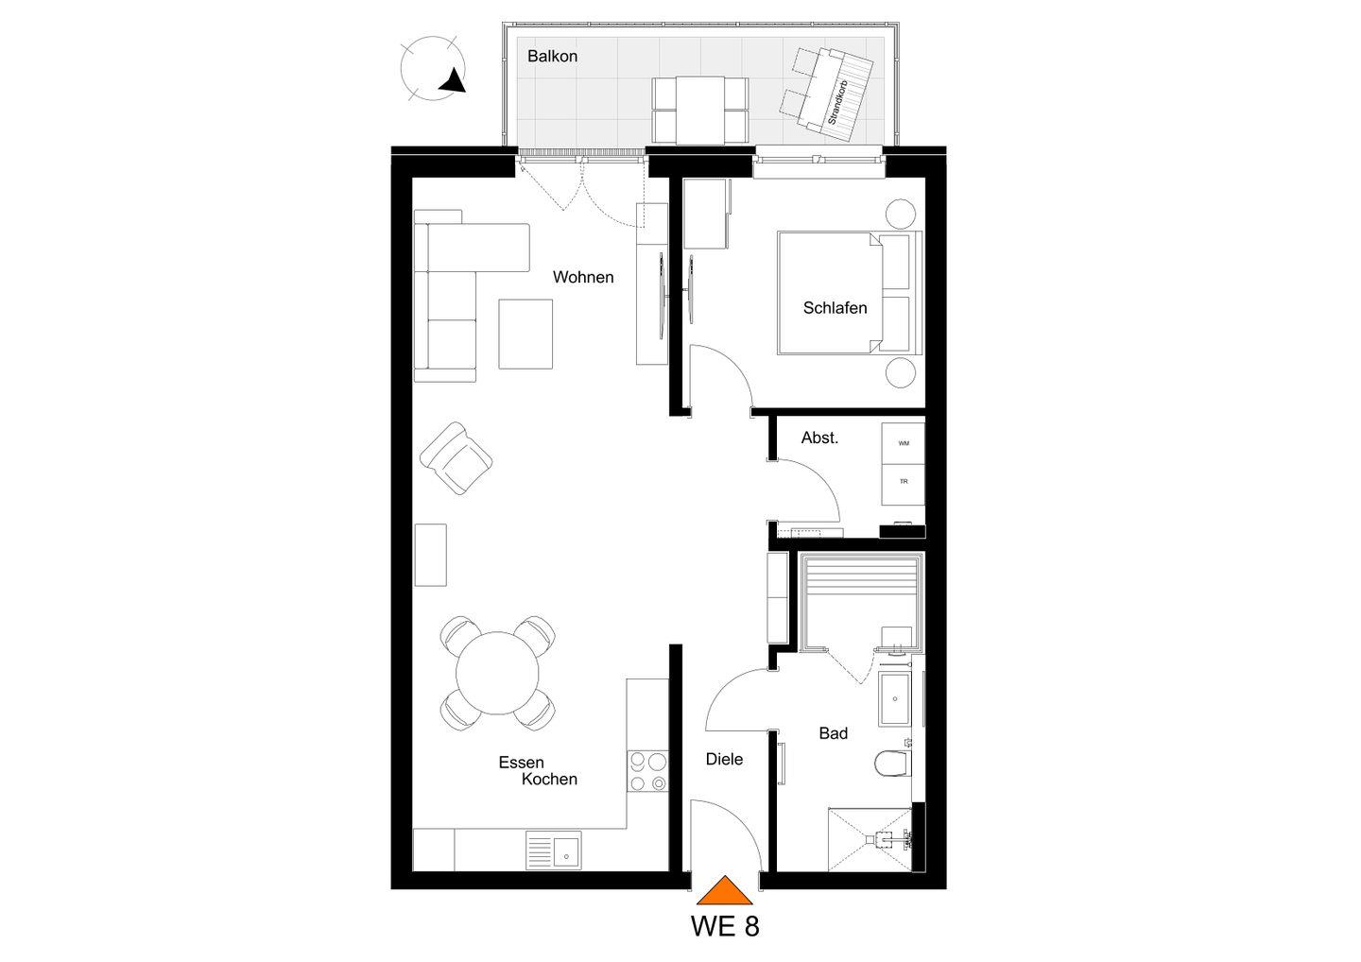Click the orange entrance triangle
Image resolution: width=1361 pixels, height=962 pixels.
pyautogui.click(x=724, y=890)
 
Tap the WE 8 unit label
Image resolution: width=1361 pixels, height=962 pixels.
pyautogui.click(x=725, y=927)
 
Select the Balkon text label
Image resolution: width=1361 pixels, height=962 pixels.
pyautogui.click(x=552, y=57)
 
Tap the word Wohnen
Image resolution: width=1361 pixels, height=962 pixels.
pyautogui.click(x=583, y=278)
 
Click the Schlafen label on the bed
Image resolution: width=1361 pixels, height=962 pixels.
pyautogui.click(x=835, y=308)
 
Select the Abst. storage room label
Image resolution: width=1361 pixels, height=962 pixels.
pyautogui.click(x=819, y=438)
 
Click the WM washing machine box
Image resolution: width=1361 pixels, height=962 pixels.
pyautogui.click(x=904, y=443)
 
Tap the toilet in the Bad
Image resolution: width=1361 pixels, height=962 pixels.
pyautogui.click(x=893, y=764)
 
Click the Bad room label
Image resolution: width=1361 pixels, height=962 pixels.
pyautogui.click(x=833, y=733)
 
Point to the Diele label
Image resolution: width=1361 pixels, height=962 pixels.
pyautogui.click(x=724, y=759)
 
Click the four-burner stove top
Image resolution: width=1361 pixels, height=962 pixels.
pyautogui.click(x=647, y=771)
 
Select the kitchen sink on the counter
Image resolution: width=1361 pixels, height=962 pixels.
pyautogui.click(x=554, y=850)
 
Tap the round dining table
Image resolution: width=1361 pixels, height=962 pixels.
pyautogui.click(x=497, y=673)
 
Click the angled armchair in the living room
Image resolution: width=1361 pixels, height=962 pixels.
pyautogui.click(x=457, y=458)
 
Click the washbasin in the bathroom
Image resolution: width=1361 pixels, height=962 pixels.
pyautogui.click(x=894, y=699)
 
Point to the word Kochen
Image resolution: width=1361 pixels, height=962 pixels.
pyautogui.click(x=549, y=780)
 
